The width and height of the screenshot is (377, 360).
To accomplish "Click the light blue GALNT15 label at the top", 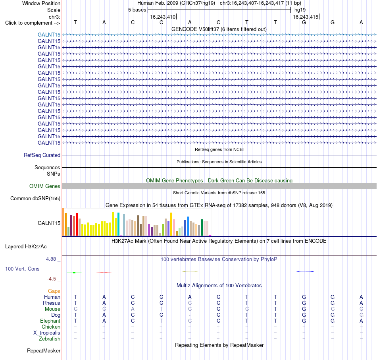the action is coord(49,35).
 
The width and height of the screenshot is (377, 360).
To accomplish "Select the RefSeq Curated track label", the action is coord(42,155).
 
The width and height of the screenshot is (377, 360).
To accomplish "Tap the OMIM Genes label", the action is coord(45,186).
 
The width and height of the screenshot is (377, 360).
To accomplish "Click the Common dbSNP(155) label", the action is coord(35,198).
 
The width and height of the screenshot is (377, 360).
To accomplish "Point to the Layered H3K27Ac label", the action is coord(26,247).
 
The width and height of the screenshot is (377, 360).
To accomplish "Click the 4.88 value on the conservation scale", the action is coord(51,259).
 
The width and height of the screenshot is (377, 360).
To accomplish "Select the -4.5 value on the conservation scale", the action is coord(52,279).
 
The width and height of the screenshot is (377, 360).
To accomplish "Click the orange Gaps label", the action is coord(54,291).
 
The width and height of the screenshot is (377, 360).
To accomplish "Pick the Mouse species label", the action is coord(52,309).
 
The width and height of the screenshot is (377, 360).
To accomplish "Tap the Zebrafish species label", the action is coord(50,339).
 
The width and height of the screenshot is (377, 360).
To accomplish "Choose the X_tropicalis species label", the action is coord(47,333).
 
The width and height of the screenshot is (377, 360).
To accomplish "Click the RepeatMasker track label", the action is coord(44,350).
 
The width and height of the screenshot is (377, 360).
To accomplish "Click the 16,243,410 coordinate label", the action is coord(163,17).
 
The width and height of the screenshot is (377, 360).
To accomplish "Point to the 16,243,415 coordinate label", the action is coord(306,17).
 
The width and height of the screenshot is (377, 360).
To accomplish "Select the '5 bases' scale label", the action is coord(137,10).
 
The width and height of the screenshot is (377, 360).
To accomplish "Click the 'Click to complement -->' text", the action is coord(33,23).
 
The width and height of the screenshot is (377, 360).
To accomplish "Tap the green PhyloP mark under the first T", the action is coord(74,273).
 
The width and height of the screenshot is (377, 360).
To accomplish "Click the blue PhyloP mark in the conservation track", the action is coord(305,271).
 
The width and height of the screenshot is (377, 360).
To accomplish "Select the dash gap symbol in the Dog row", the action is coord(190,315).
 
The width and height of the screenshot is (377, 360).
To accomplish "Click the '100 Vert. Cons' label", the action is coord(22,269).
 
